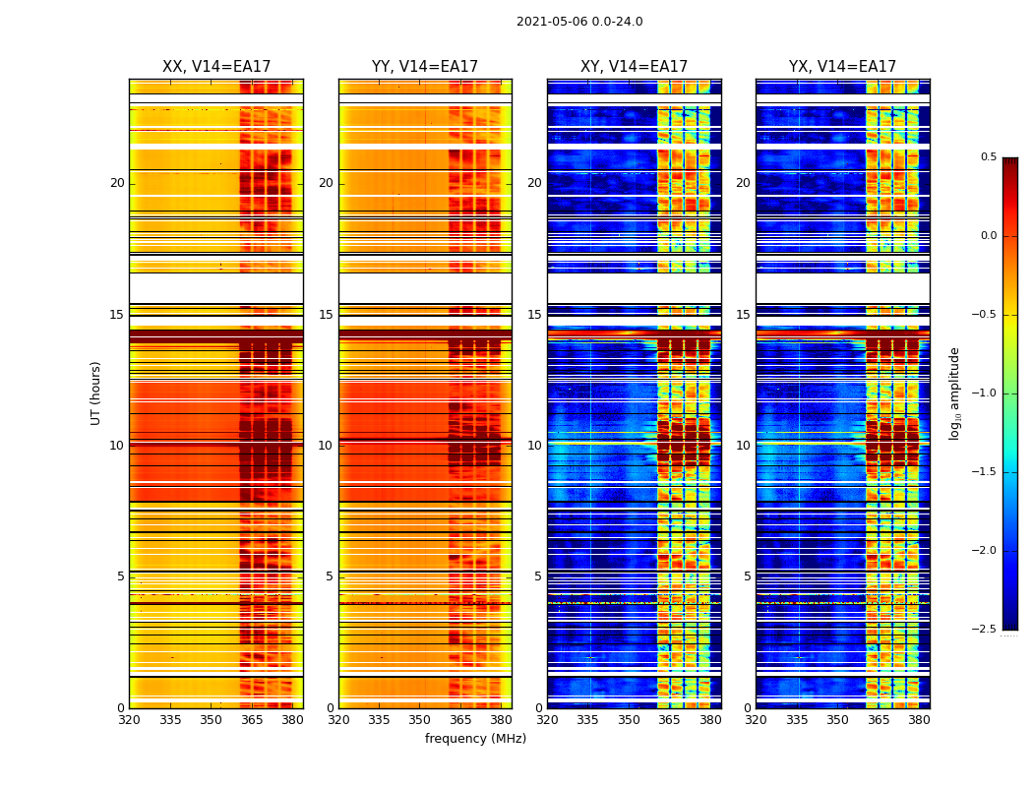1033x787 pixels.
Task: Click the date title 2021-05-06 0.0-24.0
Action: (579, 22)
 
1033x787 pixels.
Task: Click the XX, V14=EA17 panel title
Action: (216, 67)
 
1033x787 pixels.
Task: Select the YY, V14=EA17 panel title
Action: (425, 67)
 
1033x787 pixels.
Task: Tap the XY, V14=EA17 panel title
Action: (634, 67)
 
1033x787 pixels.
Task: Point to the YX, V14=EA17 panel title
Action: (842, 67)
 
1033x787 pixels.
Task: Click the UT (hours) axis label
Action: (96, 393)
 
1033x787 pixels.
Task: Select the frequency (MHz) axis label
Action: (475, 739)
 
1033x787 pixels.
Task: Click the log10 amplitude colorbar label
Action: (954, 393)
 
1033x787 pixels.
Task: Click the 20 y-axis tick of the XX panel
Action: (117, 183)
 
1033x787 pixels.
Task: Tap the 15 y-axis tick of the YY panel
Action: (326, 315)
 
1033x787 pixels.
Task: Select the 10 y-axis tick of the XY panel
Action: (534, 446)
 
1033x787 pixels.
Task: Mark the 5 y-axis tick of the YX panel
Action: (748, 576)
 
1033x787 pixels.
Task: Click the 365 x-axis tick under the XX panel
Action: (252, 720)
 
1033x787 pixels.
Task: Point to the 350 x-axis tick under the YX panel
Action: (837, 720)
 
